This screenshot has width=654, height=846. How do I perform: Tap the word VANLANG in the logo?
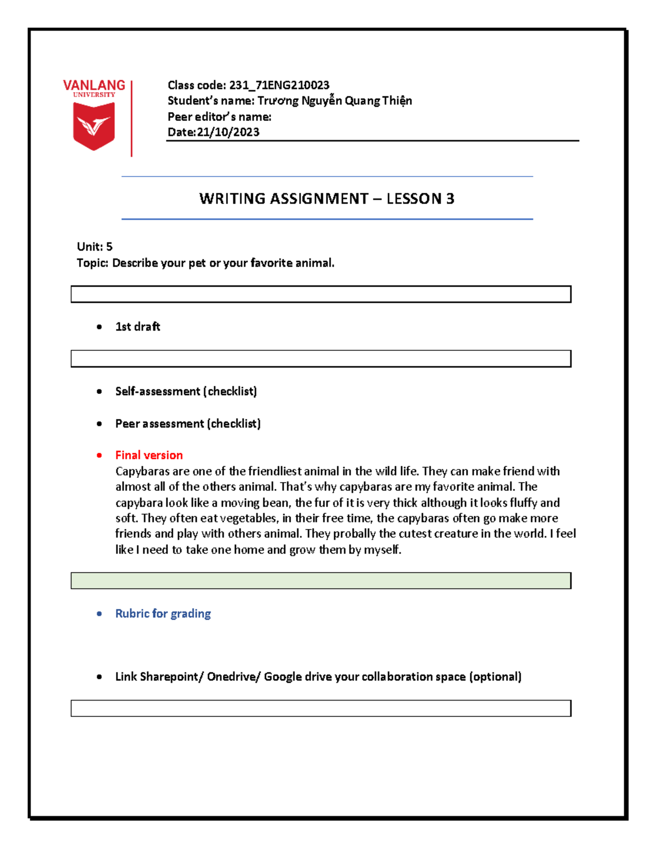(94, 86)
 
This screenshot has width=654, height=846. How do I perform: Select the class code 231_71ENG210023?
(279, 85)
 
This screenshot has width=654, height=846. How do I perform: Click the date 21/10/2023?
(228, 132)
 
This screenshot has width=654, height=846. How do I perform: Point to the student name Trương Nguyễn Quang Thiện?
(335, 101)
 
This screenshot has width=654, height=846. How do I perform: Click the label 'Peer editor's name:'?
(219, 117)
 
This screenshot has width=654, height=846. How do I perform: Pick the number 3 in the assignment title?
(450, 199)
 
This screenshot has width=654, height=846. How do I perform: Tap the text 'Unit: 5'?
(95, 247)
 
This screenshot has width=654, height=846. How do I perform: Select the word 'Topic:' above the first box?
(93, 263)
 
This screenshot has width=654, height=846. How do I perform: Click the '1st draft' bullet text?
(137, 327)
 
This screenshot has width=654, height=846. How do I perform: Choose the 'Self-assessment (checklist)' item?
(186, 391)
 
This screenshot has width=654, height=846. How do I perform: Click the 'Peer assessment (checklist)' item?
(188, 424)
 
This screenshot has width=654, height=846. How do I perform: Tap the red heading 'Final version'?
(149, 455)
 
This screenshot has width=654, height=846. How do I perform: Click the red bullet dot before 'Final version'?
(99, 455)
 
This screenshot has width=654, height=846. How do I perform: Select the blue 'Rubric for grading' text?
(163, 614)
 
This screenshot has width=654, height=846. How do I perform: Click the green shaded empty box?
(320, 581)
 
